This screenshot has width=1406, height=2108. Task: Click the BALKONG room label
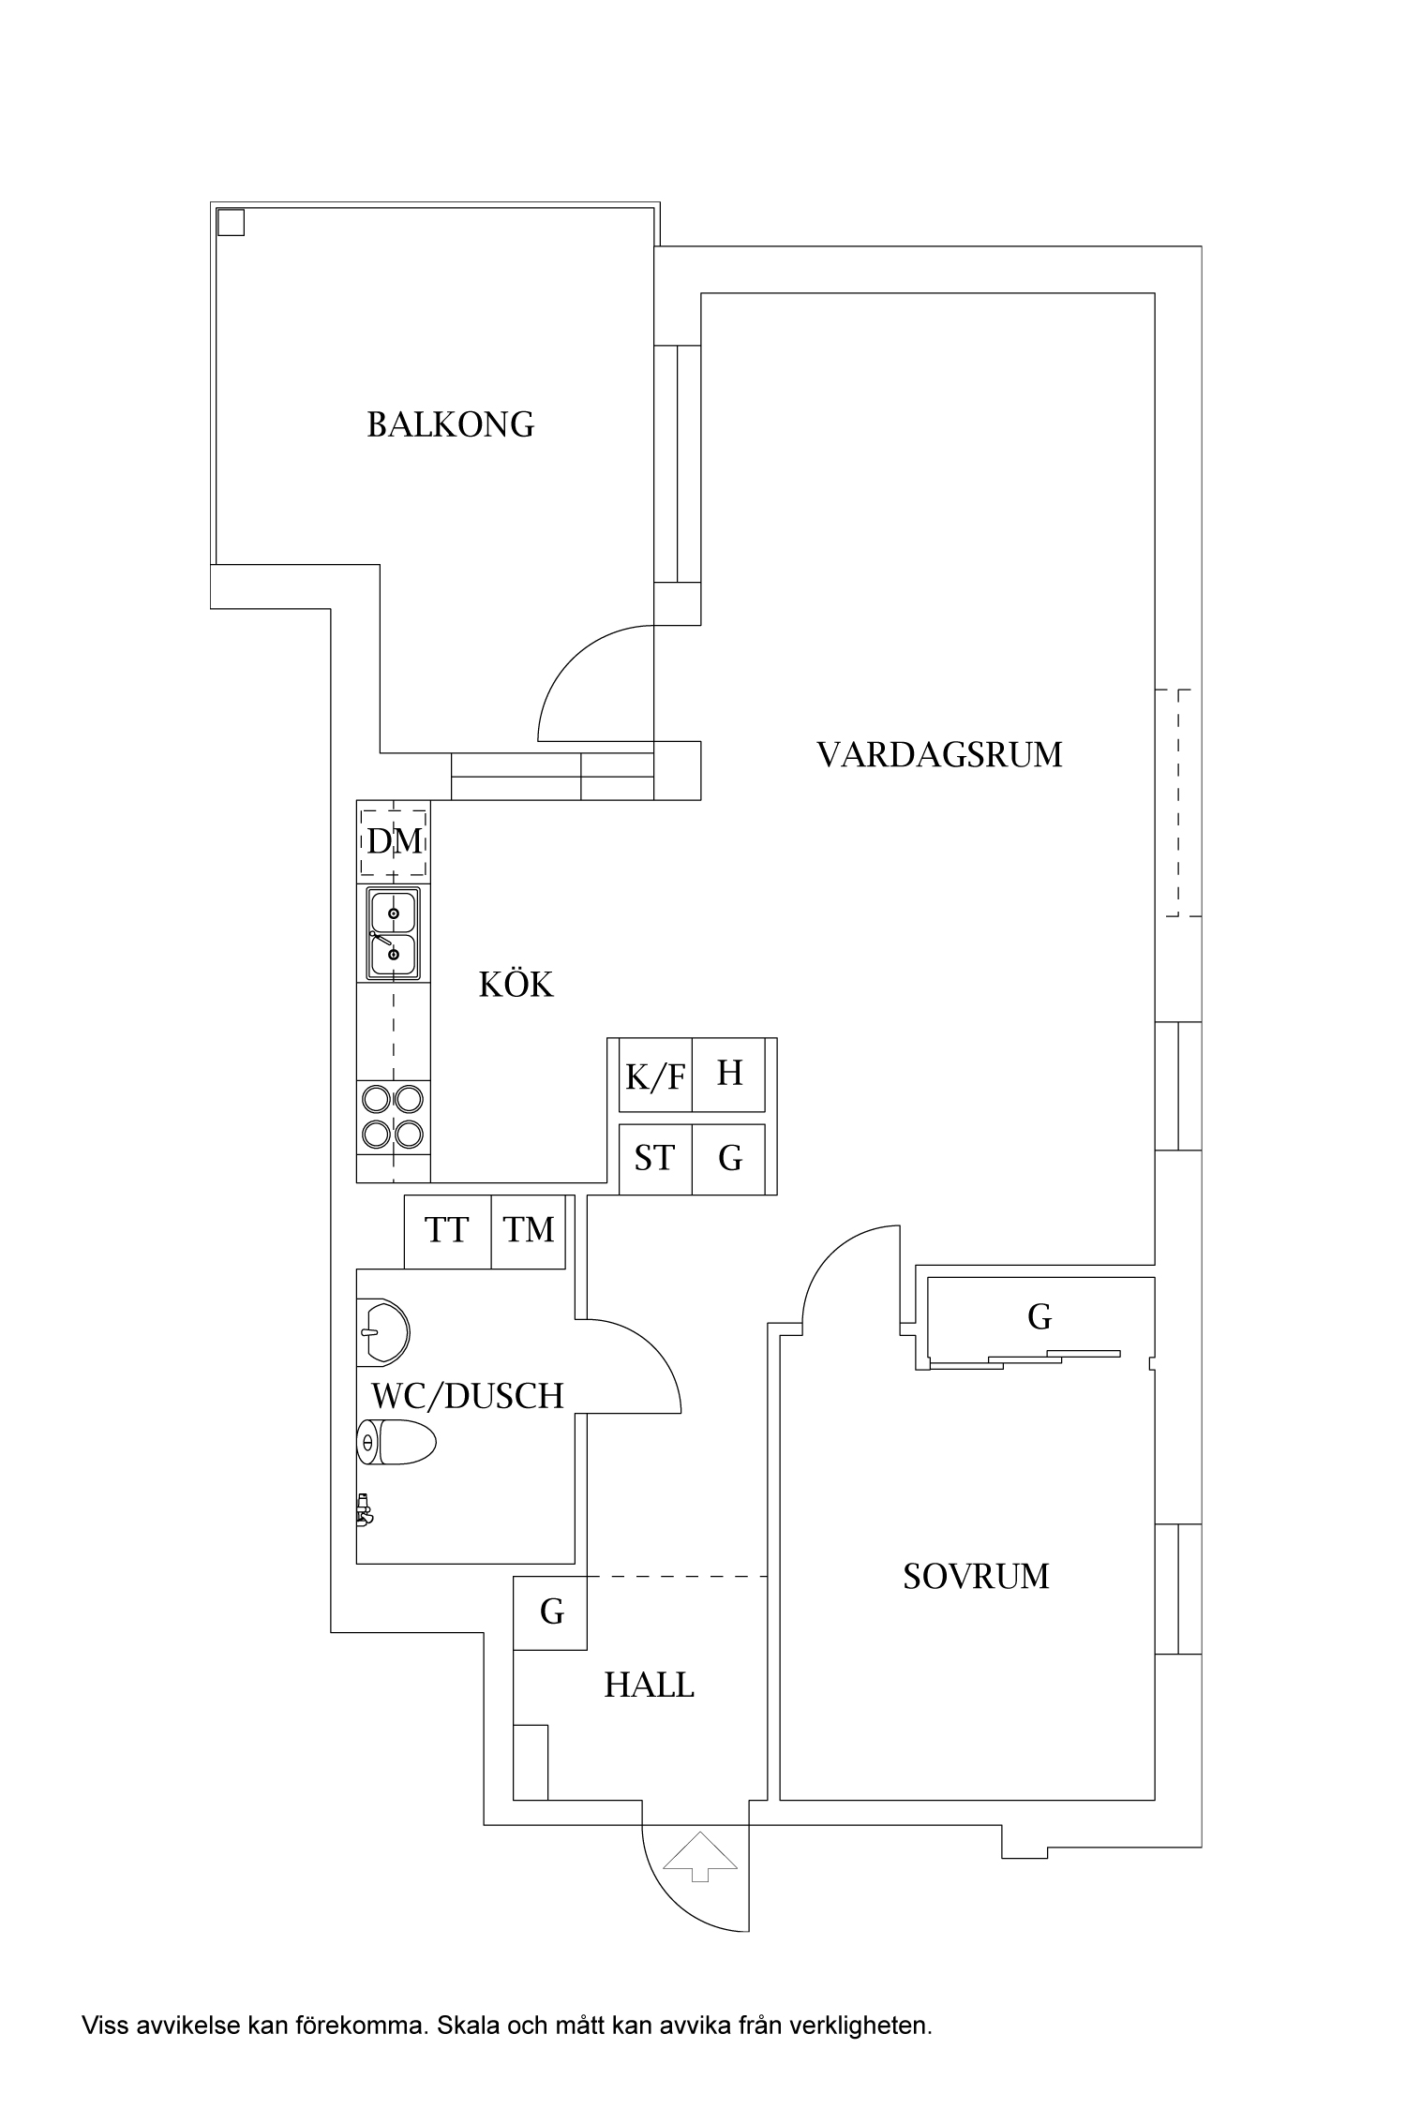450,425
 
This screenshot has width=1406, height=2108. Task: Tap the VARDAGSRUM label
939,755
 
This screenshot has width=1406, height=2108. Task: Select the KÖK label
516,985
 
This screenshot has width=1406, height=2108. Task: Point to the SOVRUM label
976,1577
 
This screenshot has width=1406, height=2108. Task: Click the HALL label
649,1685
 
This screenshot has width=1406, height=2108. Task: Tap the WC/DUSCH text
467,1396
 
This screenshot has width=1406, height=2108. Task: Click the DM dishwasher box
394,841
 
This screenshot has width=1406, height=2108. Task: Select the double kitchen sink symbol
394,933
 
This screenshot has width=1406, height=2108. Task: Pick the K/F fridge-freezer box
655,1076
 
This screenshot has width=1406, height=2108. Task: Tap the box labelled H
729,1074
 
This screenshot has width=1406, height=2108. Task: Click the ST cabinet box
654,1159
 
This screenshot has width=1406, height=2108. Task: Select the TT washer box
446,1230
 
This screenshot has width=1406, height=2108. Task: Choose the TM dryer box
529,1230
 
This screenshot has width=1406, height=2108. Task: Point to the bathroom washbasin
384,1331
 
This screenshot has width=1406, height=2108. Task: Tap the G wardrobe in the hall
551,1612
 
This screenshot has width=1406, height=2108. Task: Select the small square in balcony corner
231,222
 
